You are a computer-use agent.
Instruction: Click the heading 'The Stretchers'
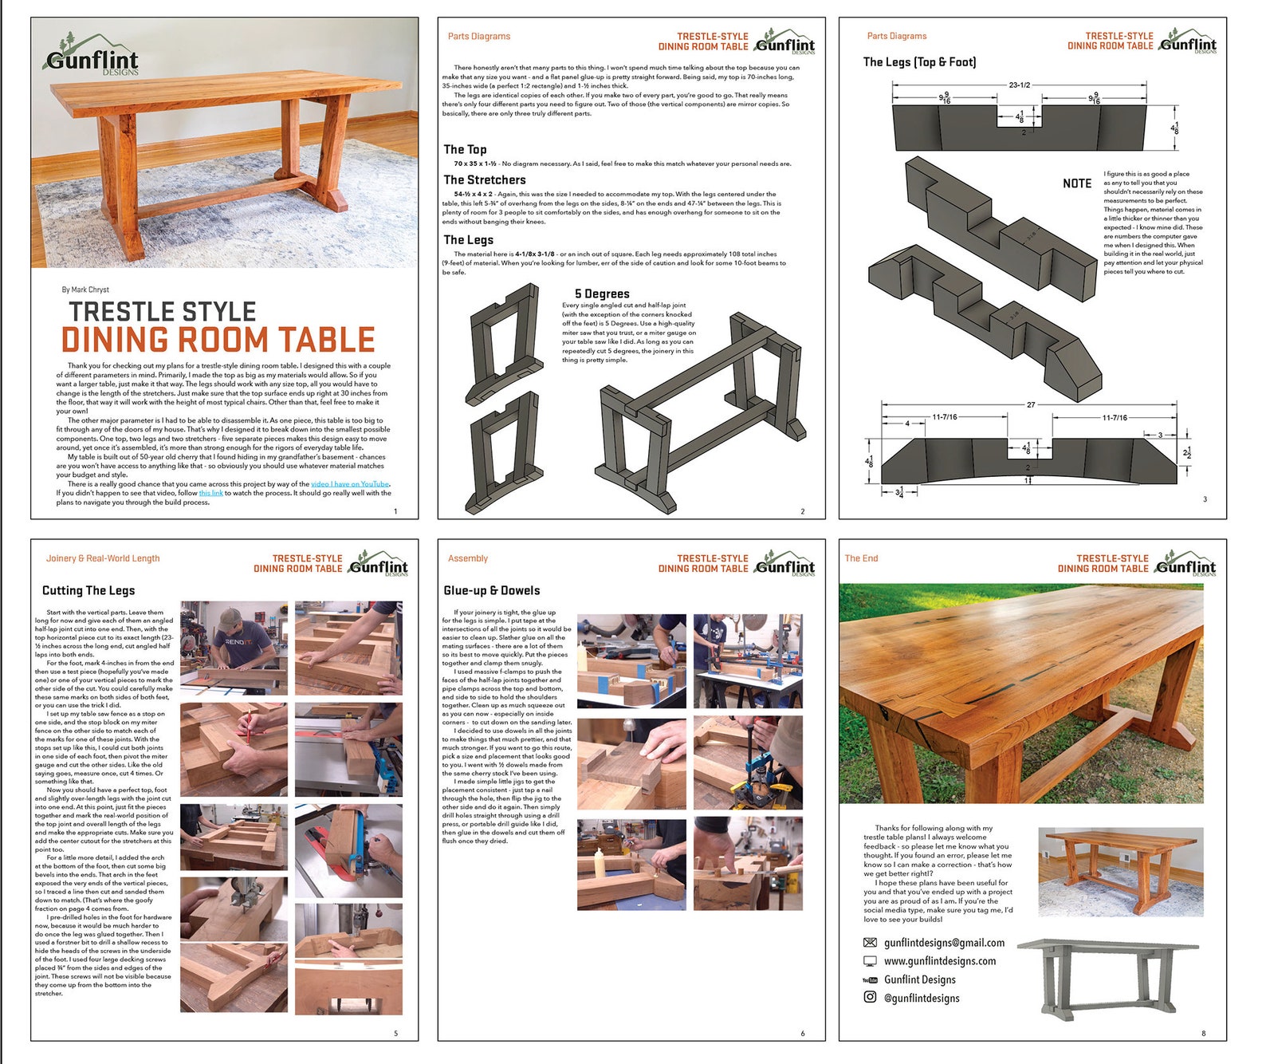[x=485, y=180]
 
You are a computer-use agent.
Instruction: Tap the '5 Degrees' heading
[x=602, y=294]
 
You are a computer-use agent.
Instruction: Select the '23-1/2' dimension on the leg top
[x=1019, y=85]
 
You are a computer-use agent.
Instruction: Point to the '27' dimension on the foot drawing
[x=1030, y=405]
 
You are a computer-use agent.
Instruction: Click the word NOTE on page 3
[x=1077, y=183]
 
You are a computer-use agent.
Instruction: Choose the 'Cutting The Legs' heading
[x=88, y=591]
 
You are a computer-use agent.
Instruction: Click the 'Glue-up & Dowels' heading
[x=492, y=591]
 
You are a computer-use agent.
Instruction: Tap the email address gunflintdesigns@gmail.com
[x=944, y=943]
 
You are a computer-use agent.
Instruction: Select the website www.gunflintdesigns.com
[x=939, y=961]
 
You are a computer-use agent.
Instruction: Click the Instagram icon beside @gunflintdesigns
[x=870, y=997]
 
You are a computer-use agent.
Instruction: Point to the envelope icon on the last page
[x=870, y=943]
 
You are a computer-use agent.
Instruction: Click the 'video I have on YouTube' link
[x=350, y=484]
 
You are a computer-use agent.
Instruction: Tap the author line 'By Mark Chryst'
[x=85, y=290]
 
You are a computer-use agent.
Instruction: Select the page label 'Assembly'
[x=468, y=558]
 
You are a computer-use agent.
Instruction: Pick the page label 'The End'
[x=861, y=558]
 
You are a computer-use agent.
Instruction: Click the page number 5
[x=395, y=1034]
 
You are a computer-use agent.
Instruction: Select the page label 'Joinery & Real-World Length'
[x=103, y=558]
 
